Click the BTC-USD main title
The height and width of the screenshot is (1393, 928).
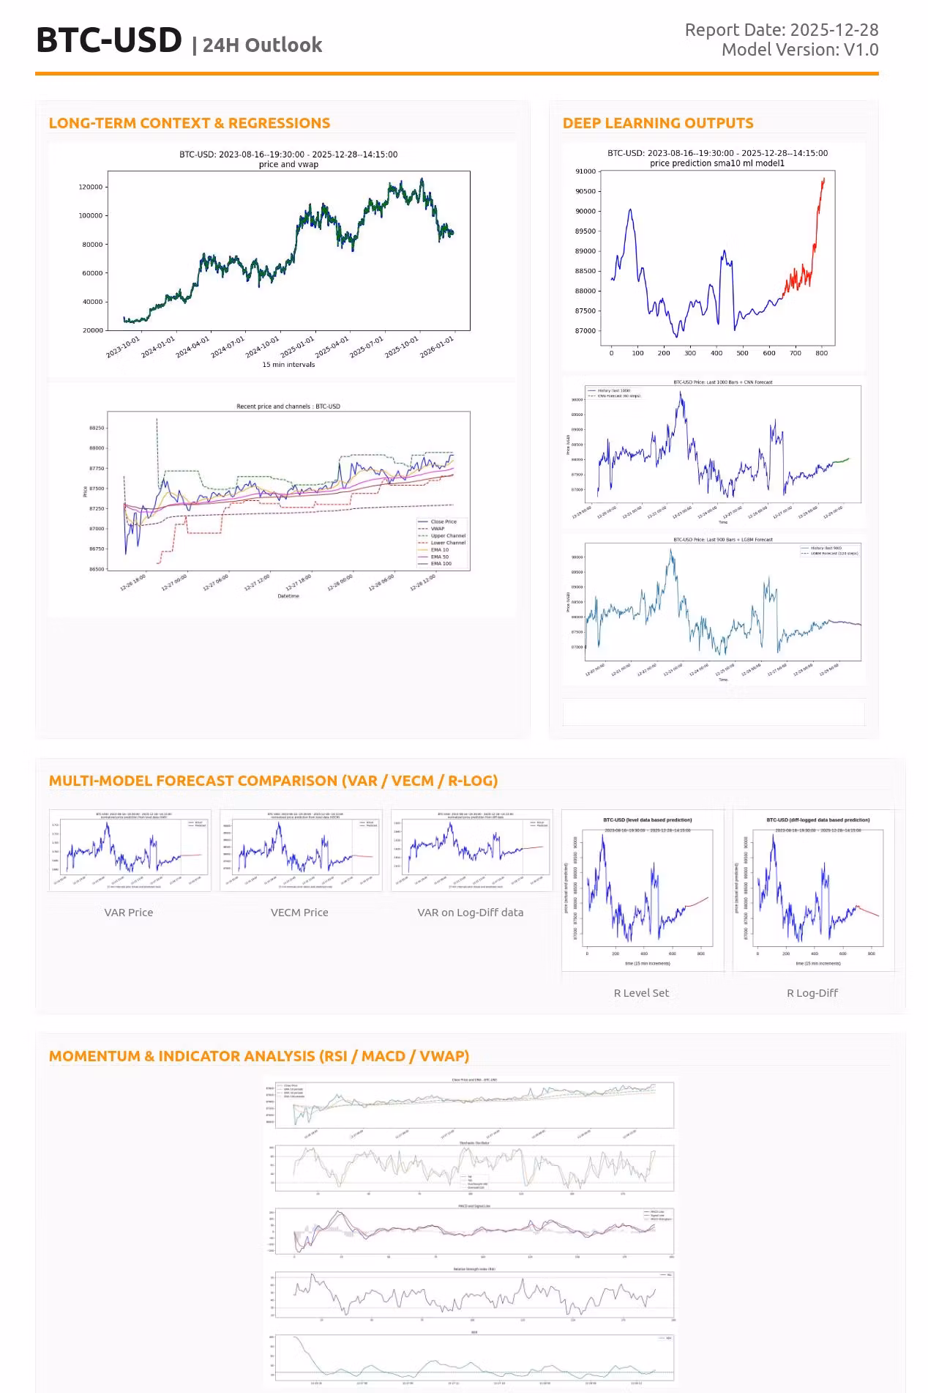click(x=109, y=40)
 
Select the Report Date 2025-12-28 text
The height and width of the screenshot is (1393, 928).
click(x=781, y=30)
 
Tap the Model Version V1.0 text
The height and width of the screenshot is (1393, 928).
click(x=799, y=50)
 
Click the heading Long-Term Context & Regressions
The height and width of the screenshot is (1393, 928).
click(x=189, y=123)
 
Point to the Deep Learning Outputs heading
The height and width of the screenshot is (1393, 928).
click(x=657, y=123)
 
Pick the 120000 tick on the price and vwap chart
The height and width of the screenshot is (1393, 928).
click(x=91, y=187)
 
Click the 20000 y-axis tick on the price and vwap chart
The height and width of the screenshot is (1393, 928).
click(x=93, y=330)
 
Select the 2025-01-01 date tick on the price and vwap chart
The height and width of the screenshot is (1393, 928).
click(x=298, y=346)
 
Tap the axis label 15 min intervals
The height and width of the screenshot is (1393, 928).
click(x=288, y=365)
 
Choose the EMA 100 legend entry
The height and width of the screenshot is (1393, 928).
click(x=441, y=563)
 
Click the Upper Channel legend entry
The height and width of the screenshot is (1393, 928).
click(x=447, y=535)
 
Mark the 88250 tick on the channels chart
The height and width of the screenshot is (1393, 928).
click(x=97, y=428)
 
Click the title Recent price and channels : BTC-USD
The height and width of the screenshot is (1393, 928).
click(x=288, y=406)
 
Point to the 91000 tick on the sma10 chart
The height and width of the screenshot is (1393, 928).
click(x=585, y=171)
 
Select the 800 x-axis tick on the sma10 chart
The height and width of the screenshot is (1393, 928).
click(x=822, y=353)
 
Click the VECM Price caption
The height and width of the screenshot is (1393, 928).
click(x=299, y=913)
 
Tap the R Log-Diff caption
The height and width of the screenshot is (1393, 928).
click(x=812, y=993)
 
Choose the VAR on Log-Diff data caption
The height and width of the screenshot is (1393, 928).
click(x=470, y=913)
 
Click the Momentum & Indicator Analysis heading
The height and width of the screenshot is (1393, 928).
click(x=258, y=1056)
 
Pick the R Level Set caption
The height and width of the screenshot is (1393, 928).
click(x=641, y=993)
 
